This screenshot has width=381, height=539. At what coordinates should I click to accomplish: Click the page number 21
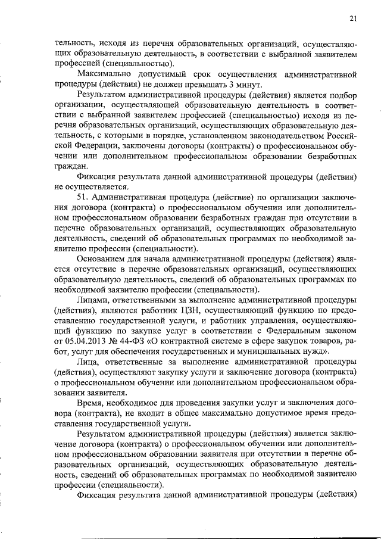tap(353, 19)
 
